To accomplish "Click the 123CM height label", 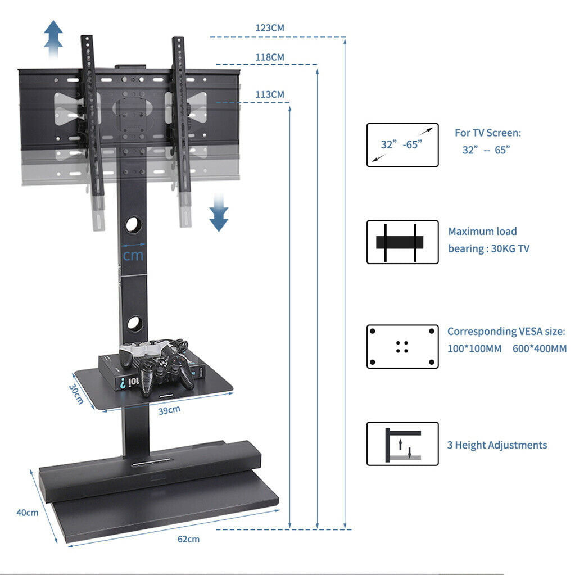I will click(270, 28).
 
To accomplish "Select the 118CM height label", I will click(270, 57).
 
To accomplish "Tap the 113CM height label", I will click(270, 94).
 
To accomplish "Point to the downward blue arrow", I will click(219, 214).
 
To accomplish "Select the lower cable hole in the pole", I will click(134, 324).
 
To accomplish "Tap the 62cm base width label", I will click(188, 539).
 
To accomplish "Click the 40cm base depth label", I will click(28, 512).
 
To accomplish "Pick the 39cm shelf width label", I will click(169, 409).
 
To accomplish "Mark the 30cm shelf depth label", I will click(76, 394).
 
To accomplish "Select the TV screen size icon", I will click(402, 145).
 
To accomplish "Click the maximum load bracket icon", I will click(402, 242).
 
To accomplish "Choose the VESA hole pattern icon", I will click(402, 346).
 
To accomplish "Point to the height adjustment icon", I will click(402, 443).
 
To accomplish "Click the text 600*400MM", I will click(539, 348).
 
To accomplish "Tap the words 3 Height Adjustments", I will click(497, 445).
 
